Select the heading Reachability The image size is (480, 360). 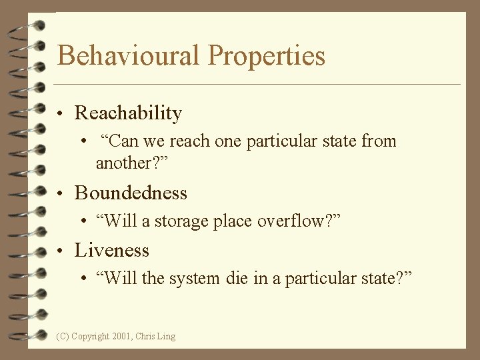[x=128, y=113]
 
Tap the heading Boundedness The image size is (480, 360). [x=131, y=193]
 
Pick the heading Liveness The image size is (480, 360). [x=112, y=251]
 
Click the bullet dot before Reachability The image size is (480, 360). [x=61, y=114]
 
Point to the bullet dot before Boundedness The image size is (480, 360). [x=61, y=194]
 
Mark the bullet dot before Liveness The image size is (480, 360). [x=61, y=251]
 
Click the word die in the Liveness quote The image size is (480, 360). [x=237, y=278]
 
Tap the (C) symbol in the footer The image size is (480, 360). [x=63, y=337]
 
